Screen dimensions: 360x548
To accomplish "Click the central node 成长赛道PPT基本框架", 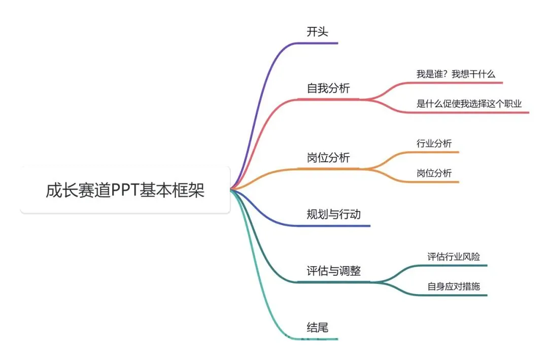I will pos(125,190).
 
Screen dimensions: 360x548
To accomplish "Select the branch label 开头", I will pos(318,32).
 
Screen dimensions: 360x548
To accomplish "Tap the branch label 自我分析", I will pos(328,88).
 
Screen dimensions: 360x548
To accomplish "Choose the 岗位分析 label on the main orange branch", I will pos(328,158).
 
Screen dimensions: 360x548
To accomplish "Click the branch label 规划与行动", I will pos(333,214).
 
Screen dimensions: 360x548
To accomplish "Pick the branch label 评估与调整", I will pos(333,271).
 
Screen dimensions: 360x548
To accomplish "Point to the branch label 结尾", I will pos(318,328).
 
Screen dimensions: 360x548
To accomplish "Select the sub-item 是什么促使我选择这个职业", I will pos(469,103).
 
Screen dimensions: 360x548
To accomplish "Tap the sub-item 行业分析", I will pos(434,143).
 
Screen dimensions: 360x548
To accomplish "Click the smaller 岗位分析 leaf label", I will pos(434,173).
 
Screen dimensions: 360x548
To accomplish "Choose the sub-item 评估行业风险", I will pos(454,257).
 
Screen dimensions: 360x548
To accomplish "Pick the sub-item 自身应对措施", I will pos(454,286).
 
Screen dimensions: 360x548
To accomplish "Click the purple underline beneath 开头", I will pos(320,43).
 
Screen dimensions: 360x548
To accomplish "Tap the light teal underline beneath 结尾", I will pos(320,339).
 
